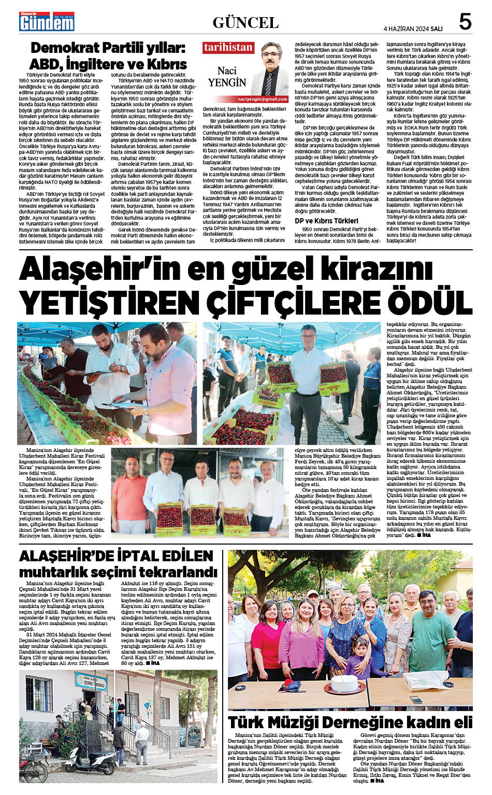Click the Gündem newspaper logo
tap(47, 22)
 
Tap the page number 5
tap(465, 22)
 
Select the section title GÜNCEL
tap(245, 22)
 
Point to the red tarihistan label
tap(228, 47)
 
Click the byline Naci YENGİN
tap(227, 77)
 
